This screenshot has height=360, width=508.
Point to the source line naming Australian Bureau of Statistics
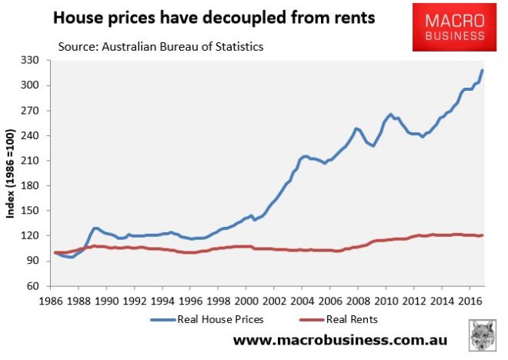coord(161,48)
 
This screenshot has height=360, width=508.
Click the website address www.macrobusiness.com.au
coord(341,340)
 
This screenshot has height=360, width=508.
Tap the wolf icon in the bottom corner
coord(483,339)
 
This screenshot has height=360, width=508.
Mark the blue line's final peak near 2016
coord(483,71)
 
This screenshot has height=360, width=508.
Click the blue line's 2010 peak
coord(390,114)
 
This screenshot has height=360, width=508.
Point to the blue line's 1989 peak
coord(95,228)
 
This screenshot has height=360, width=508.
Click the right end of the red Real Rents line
coord(483,235)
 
